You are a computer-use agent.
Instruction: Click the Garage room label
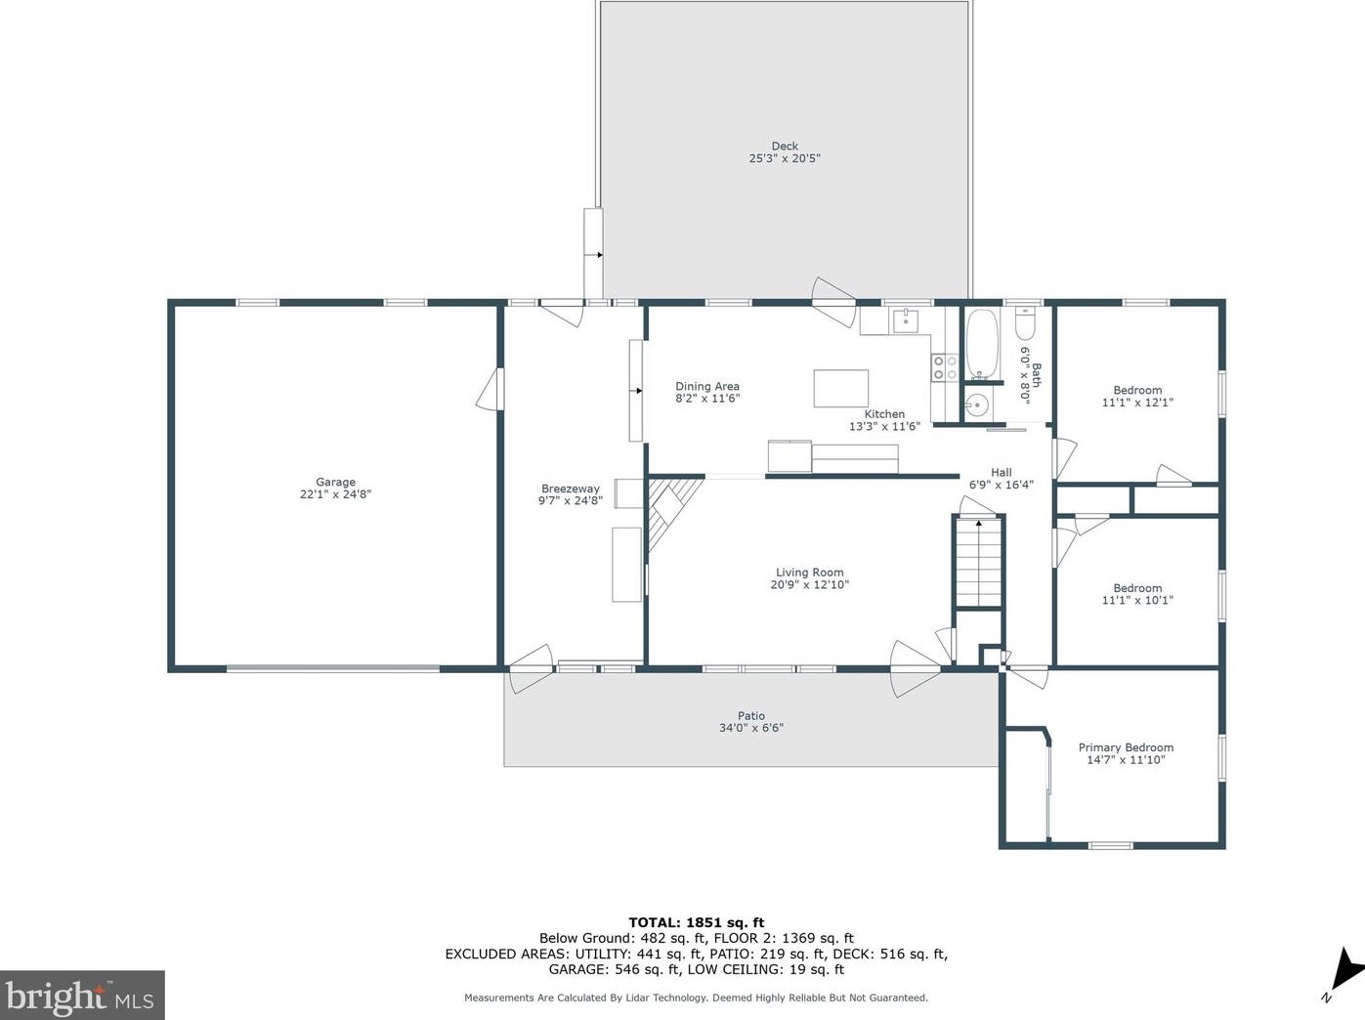click(335, 482)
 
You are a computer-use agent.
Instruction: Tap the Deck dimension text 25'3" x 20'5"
click(785, 158)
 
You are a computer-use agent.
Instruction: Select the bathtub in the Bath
click(982, 344)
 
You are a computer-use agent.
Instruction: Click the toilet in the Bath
click(1024, 323)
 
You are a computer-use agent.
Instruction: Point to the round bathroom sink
click(977, 405)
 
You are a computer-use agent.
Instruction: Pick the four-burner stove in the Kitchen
click(945, 366)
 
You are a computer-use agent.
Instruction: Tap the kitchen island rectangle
click(840, 389)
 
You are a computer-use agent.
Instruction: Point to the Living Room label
click(810, 573)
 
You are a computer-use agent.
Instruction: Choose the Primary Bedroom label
click(1126, 747)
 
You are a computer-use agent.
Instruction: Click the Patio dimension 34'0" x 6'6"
click(751, 728)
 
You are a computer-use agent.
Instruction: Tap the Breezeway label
click(571, 489)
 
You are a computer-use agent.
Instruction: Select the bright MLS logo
click(82, 995)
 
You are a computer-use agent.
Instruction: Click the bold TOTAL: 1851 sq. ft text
click(697, 922)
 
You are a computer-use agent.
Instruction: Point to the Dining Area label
click(707, 386)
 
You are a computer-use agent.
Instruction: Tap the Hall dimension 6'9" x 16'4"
click(1002, 485)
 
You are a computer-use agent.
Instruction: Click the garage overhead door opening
click(333, 668)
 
